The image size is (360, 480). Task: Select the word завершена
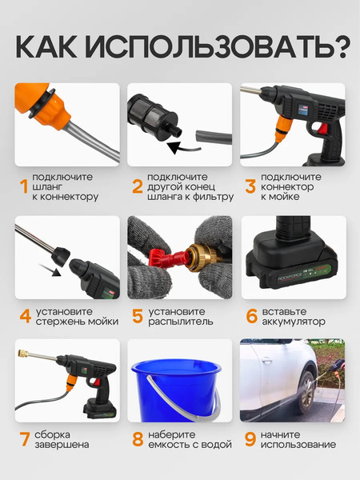(x=61, y=445)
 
